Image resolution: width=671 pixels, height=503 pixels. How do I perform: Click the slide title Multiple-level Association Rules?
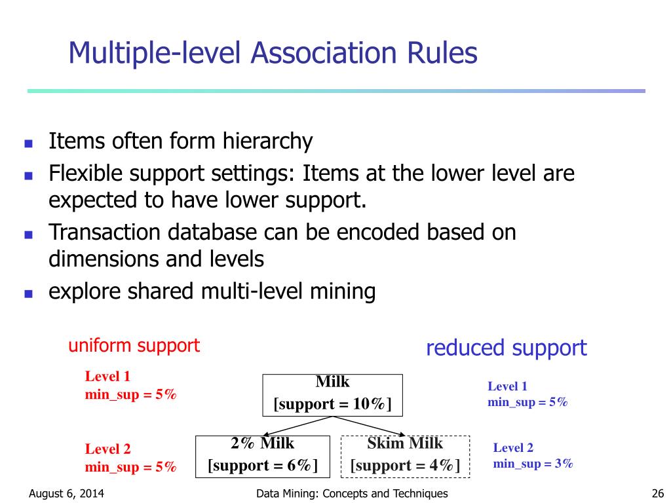273,53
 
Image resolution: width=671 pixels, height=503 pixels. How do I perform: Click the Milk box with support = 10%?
332,394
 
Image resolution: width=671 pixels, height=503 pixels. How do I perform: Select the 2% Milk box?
263,456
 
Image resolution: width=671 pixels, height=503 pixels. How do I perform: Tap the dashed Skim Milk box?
405,456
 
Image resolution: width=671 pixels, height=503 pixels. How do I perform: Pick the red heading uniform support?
134,346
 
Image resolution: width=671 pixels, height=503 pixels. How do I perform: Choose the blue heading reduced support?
506,348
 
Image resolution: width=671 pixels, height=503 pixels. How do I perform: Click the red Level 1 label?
107,377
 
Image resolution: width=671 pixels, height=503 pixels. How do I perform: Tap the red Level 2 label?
107,449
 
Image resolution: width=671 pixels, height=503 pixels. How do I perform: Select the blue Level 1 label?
507,386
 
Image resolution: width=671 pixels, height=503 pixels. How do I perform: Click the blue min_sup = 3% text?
533,464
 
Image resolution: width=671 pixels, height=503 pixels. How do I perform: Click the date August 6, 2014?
66,494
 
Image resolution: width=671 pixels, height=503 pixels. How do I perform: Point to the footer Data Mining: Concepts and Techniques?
352,494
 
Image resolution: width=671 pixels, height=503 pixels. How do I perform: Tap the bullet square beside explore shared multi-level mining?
28,293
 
